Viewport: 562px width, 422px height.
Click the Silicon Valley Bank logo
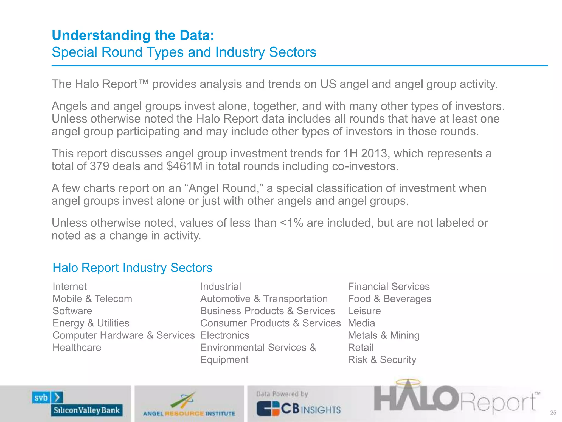click(x=77, y=404)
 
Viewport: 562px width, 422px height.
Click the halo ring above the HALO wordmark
click(x=408, y=382)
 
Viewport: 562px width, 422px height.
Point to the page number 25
click(x=553, y=413)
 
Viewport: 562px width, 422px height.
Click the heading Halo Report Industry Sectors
click(x=132, y=268)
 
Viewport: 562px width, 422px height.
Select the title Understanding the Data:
click(x=133, y=35)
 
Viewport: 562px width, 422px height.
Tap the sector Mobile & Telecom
click(x=92, y=299)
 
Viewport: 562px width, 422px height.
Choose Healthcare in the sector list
click(x=77, y=348)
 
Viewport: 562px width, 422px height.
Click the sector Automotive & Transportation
click(x=264, y=299)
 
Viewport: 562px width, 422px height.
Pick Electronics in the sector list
click(x=225, y=335)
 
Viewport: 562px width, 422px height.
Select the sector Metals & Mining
click(x=383, y=335)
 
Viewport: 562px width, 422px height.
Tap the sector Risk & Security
click(x=382, y=360)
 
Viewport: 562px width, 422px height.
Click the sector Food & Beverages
click(x=389, y=299)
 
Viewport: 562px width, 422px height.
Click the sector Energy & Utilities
click(x=91, y=323)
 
